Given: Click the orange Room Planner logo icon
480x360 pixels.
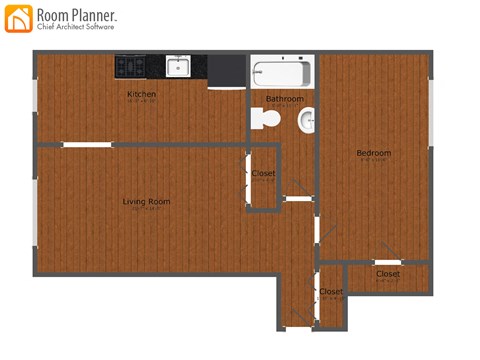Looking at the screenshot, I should pyautogui.click(x=18, y=17).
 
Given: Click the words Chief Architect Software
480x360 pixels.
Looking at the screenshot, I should pyautogui.click(x=76, y=27).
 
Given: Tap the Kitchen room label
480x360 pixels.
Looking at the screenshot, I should pyautogui.click(x=141, y=95).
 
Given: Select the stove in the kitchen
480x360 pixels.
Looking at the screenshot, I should pyautogui.click(x=130, y=67).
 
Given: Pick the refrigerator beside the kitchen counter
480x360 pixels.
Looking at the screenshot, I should pyautogui.click(x=227, y=72).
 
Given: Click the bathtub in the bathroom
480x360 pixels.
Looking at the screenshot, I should pyautogui.click(x=282, y=73).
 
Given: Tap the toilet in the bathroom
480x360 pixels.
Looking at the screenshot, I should pyautogui.click(x=267, y=118).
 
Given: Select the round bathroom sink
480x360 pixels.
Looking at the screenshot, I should pyautogui.click(x=306, y=120).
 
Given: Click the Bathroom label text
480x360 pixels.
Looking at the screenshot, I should pyautogui.click(x=284, y=99).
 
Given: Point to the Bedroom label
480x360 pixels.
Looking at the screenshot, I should pyautogui.click(x=374, y=153).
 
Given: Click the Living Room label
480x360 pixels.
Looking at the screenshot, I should pyautogui.click(x=146, y=202).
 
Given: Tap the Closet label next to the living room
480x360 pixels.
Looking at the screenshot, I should pyautogui.click(x=263, y=174).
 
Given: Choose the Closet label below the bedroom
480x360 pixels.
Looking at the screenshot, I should pyautogui.click(x=388, y=274).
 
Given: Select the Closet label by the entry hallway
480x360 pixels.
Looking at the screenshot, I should pyautogui.click(x=331, y=292).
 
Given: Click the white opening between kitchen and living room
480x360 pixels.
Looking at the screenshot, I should pyautogui.click(x=86, y=145).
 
